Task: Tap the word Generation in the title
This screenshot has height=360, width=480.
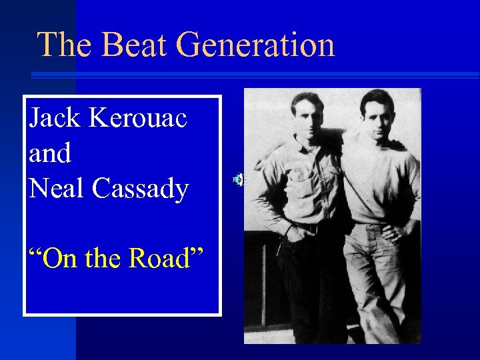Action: (256, 45)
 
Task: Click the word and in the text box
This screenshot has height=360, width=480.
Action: (50, 154)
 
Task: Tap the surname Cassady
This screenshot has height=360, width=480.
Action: (141, 189)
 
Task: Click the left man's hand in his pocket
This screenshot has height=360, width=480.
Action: (293, 233)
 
